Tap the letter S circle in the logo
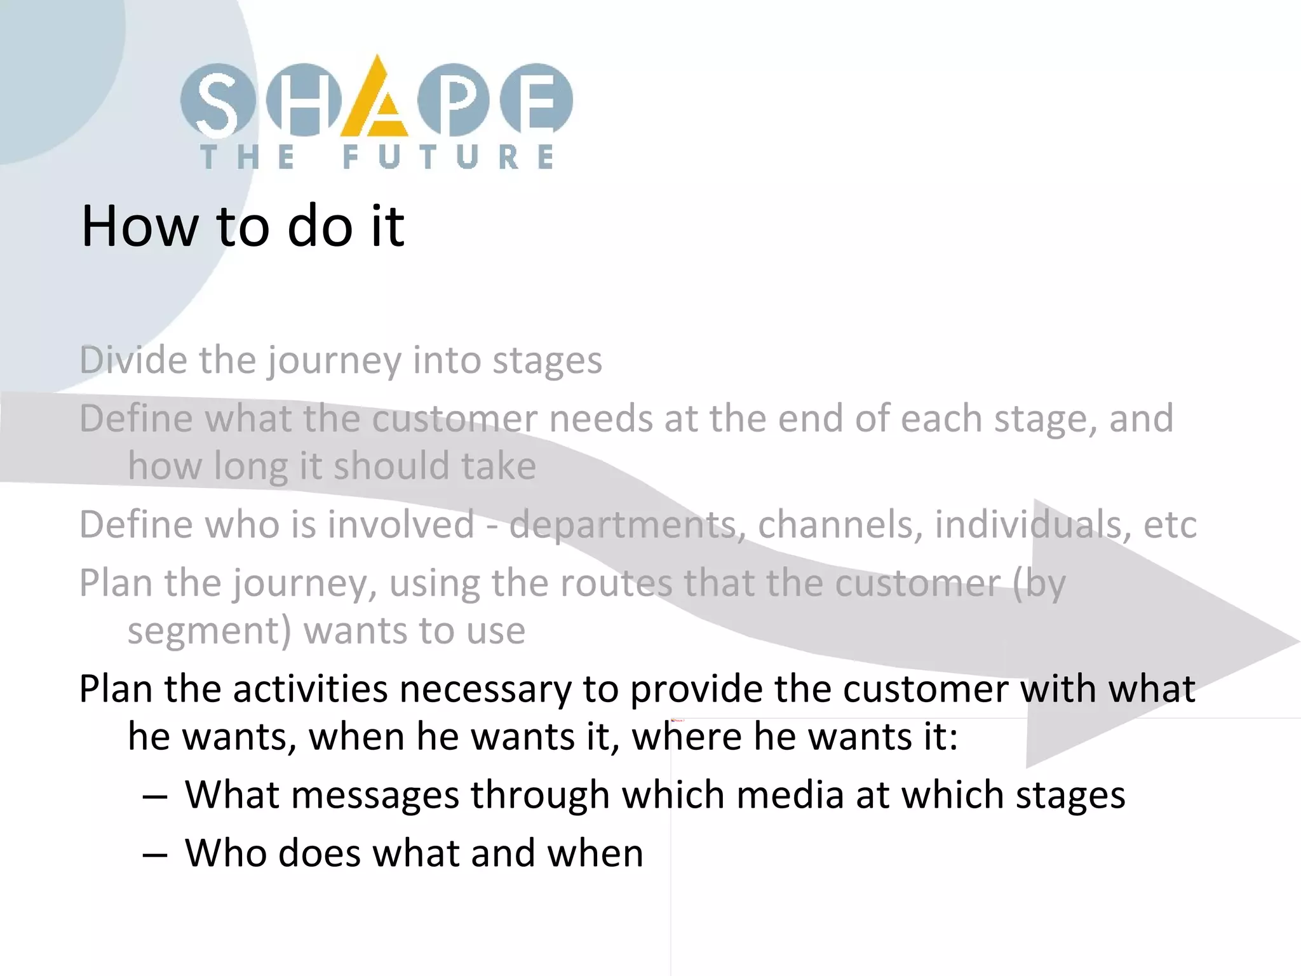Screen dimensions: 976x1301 coord(217,100)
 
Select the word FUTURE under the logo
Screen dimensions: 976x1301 coord(448,157)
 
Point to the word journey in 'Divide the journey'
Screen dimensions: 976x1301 coord(334,361)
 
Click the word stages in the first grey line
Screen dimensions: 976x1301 coord(547,361)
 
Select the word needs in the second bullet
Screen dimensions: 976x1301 coord(600,419)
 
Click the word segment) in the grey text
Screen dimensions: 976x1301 coord(209,631)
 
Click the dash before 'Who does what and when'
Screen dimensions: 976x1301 coord(155,855)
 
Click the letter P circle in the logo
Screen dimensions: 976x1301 coord(454,100)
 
